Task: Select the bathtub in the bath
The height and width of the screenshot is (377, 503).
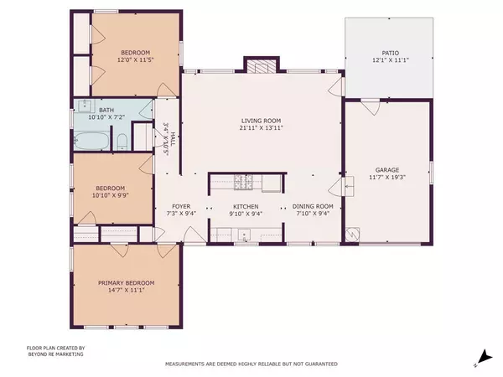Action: (x=91, y=140)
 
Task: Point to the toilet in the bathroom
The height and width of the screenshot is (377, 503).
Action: (x=122, y=140)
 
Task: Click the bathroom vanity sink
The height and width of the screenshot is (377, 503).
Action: (x=85, y=106)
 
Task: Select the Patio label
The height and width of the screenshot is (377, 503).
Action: (x=387, y=51)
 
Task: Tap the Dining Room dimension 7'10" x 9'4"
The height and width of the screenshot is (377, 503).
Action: (x=313, y=214)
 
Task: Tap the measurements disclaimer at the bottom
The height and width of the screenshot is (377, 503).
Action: (x=251, y=364)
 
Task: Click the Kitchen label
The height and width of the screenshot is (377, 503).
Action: (x=246, y=206)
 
